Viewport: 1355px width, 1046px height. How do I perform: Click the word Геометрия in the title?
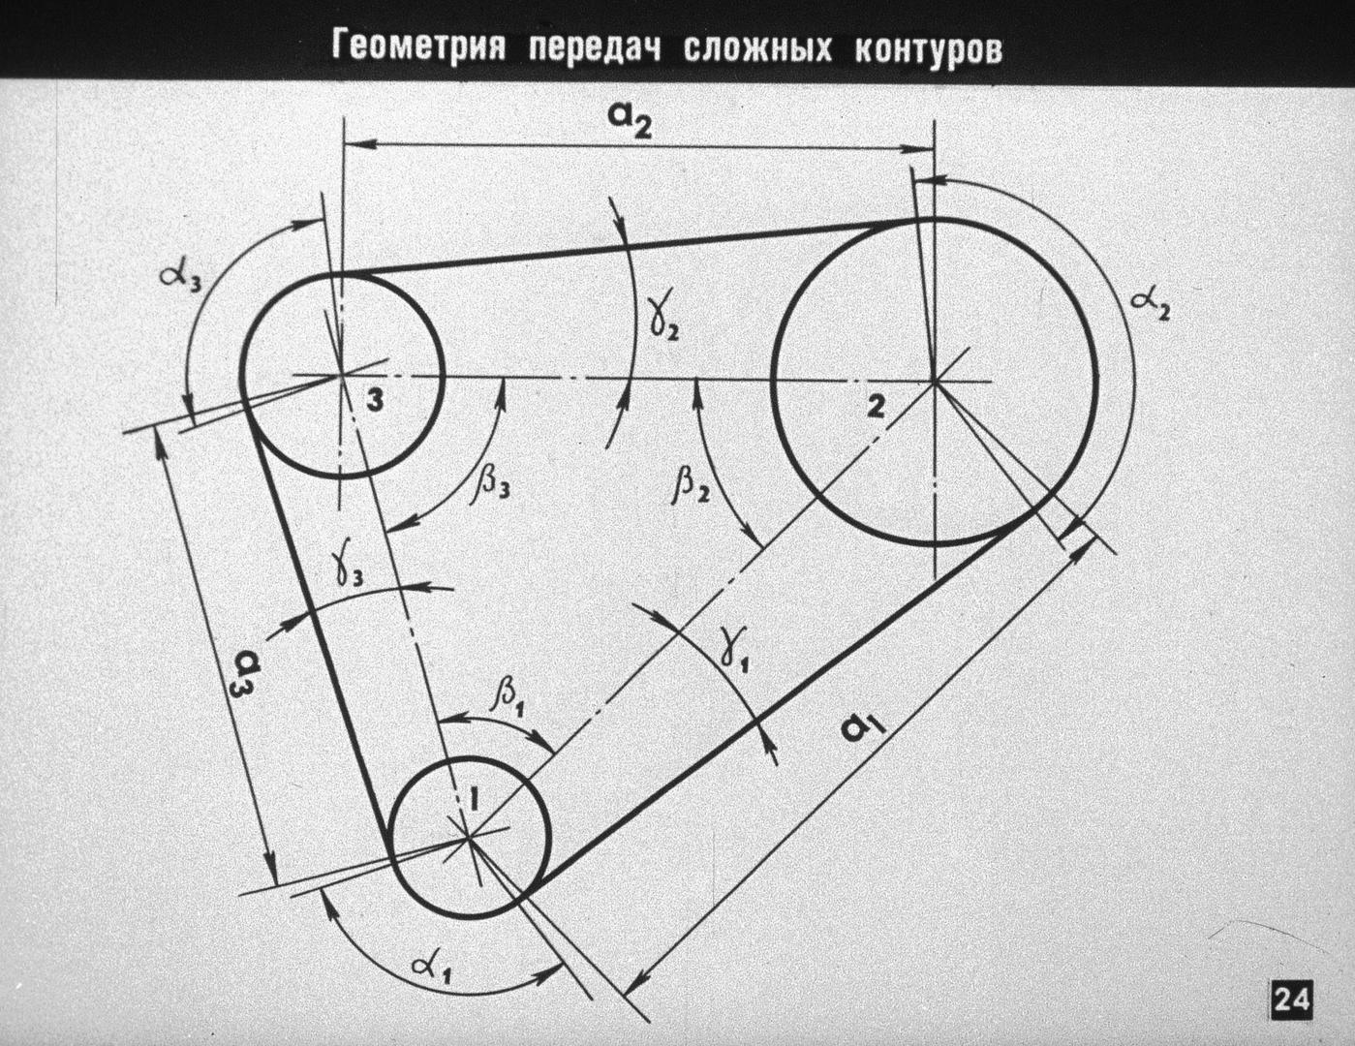pyautogui.click(x=418, y=47)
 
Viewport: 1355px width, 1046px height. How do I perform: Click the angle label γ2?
pyautogui.click(x=662, y=322)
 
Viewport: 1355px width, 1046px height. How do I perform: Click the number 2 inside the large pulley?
pyautogui.click(x=877, y=407)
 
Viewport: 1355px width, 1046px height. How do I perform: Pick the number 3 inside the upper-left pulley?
pyautogui.click(x=375, y=401)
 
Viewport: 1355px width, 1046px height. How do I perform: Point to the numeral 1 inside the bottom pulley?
pyautogui.click(x=474, y=800)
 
